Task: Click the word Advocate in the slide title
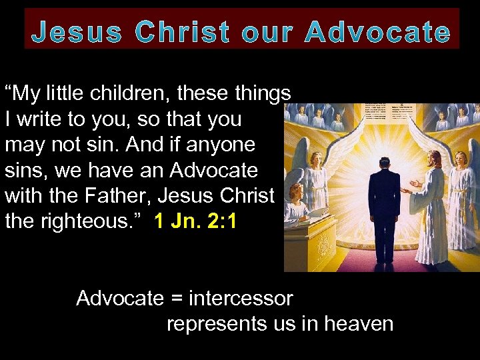tap(377, 33)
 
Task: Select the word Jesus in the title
tap(77, 33)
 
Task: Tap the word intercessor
tap(241, 298)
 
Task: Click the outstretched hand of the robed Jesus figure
tap(415, 183)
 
